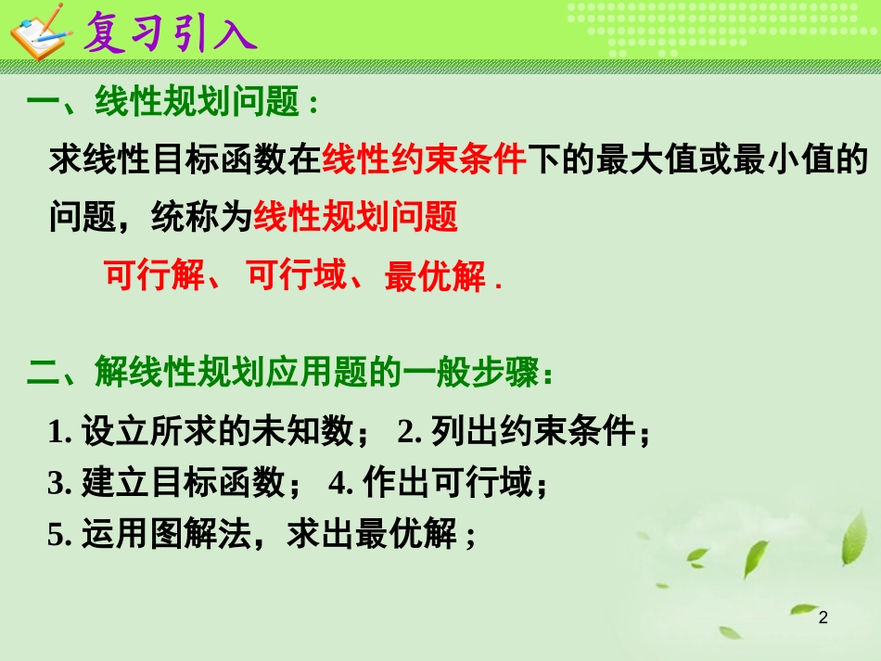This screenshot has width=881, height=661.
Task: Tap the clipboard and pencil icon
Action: (x=38, y=32)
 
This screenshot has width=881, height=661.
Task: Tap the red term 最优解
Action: (x=434, y=276)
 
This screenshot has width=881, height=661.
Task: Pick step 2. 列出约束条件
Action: (x=524, y=431)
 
